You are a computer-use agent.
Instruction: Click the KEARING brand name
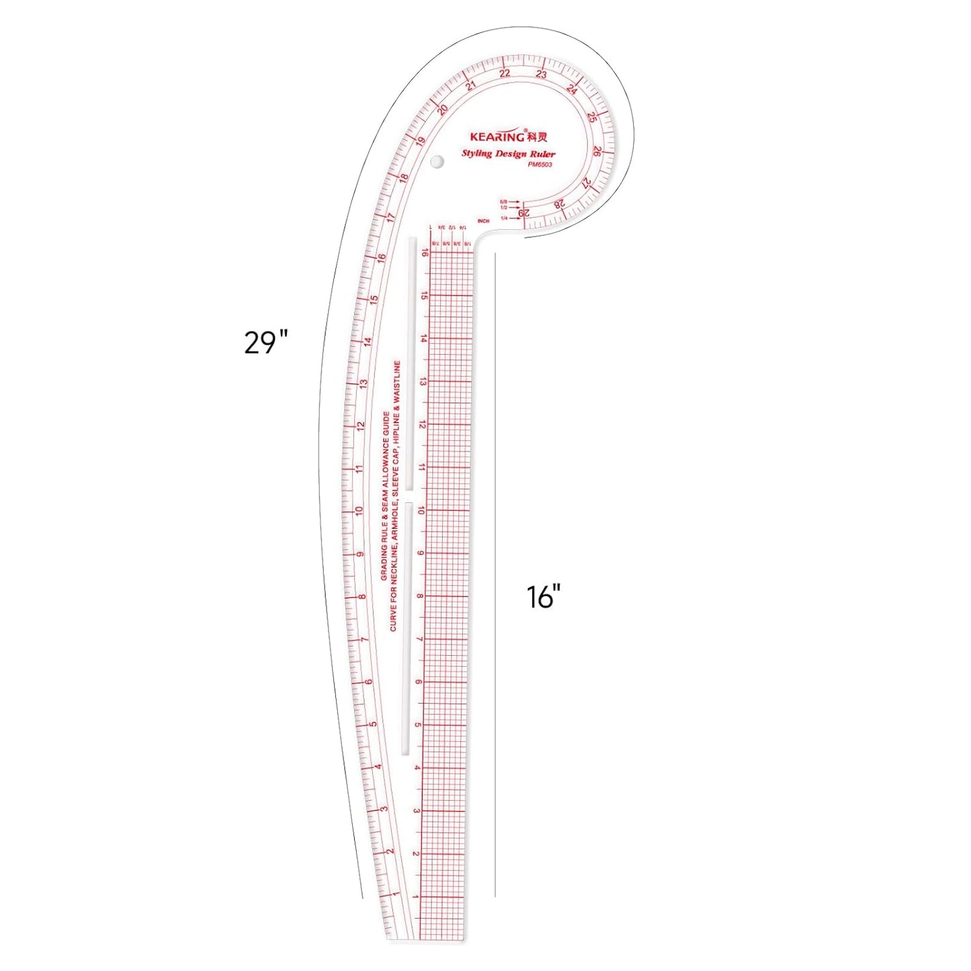pos(497,136)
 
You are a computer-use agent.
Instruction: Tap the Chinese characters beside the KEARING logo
pos(538,137)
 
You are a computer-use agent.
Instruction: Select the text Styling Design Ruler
pos(508,154)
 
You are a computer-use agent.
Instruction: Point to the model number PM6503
pos(540,165)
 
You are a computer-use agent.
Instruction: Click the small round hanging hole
pos(437,162)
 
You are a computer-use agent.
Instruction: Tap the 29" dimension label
pos(265,343)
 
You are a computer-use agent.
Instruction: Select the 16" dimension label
pos(543,597)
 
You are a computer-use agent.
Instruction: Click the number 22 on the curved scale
pos(505,73)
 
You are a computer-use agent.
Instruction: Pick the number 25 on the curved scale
pos(591,117)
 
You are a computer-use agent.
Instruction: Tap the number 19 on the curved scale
pos(421,142)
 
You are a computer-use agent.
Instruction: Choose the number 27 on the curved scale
pos(586,183)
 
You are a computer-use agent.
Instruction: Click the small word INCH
pos(483,221)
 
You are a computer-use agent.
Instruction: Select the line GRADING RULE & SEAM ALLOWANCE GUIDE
pos(385,496)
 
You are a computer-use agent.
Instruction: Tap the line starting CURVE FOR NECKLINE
pos(395,496)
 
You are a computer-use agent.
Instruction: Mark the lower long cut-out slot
pos(406,628)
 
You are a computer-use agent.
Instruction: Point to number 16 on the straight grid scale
pos(425,253)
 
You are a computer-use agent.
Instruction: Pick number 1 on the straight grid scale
pos(416,897)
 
